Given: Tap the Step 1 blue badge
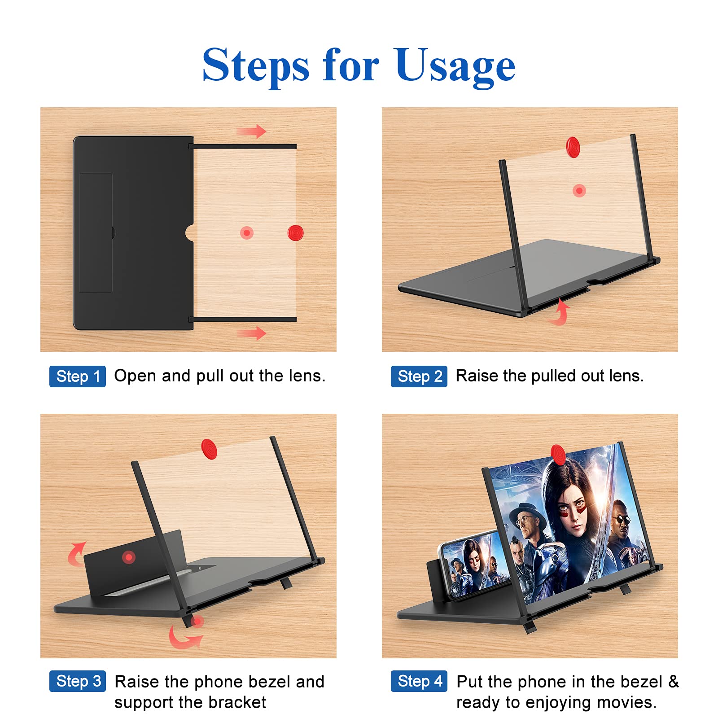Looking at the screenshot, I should tap(78, 376).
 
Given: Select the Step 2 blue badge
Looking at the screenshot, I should tap(419, 376).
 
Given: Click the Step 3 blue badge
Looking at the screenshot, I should tap(78, 681).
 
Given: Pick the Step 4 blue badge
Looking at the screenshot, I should tap(419, 681).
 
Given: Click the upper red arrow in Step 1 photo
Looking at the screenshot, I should tap(252, 131).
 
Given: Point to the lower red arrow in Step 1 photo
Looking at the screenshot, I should tap(252, 333).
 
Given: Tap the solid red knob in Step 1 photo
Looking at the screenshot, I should tap(295, 233).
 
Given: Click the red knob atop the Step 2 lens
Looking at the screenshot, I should tap(573, 147).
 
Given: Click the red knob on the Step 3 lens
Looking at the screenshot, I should tap(209, 449).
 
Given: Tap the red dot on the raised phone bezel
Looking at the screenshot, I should tap(129, 557).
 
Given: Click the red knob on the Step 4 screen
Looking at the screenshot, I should tap(558, 455).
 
